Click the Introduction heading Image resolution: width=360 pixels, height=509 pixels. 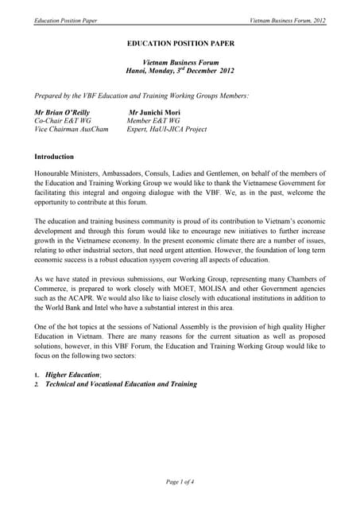[x=55, y=157]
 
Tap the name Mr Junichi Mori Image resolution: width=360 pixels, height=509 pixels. [x=157, y=113]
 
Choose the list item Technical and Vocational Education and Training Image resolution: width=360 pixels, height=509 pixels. [x=121, y=384]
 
